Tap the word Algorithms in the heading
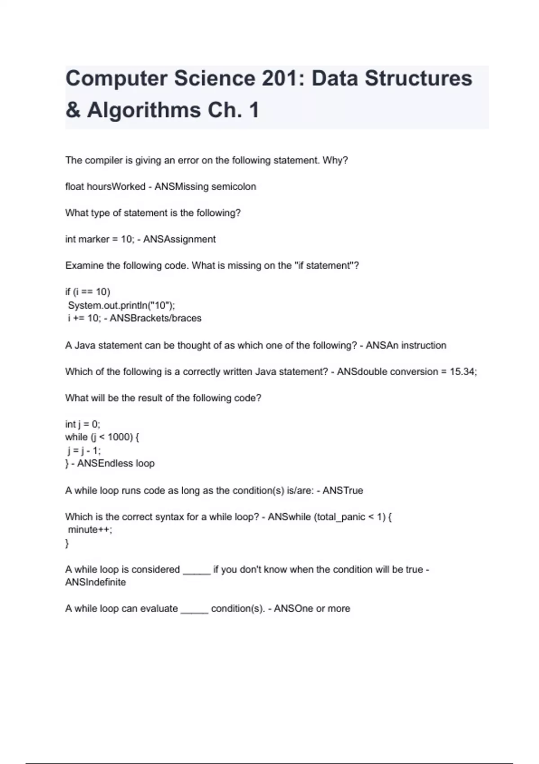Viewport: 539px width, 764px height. tap(144, 110)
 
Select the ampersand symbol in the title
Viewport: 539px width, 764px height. tap(73, 110)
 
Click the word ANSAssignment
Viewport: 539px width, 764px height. tap(179, 239)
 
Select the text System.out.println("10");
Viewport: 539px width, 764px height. tap(121, 305)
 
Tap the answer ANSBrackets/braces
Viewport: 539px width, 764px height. tap(155, 318)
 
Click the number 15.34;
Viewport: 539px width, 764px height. tap(463, 372)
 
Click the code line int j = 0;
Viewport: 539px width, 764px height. tap(83, 424)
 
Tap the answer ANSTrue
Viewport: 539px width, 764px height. tap(343, 490)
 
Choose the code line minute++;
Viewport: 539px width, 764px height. tap(90, 529)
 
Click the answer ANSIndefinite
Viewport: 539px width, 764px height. tap(95, 582)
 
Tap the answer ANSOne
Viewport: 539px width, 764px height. tap(293, 609)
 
